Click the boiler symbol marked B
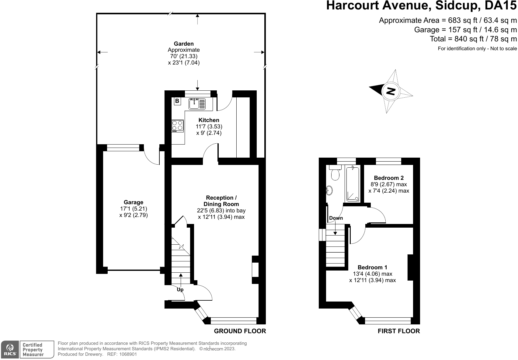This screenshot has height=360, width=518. (x=177, y=101)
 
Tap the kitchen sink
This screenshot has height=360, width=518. (x=197, y=104)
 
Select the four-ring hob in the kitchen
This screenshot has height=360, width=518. (x=177, y=126)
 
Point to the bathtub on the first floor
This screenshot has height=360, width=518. (x=353, y=184)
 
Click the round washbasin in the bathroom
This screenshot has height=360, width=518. (x=329, y=190)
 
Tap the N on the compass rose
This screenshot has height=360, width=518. (x=391, y=91)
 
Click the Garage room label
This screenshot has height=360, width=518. (x=134, y=202)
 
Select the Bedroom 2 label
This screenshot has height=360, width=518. (x=389, y=178)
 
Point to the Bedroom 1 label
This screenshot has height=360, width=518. (x=372, y=267)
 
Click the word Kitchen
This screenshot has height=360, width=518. (x=209, y=120)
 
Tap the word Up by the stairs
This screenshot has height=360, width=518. (x=180, y=290)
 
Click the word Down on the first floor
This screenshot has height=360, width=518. (x=336, y=218)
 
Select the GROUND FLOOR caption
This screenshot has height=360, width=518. (x=240, y=331)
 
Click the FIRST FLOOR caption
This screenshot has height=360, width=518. (x=399, y=331)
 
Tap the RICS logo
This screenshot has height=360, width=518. (x=10, y=349)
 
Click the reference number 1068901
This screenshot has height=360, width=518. (x=128, y=354)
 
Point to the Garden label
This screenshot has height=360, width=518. (x=184, y=44)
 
